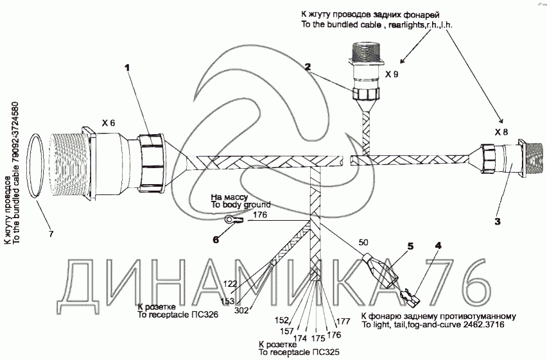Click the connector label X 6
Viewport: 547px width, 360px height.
(x=109, y=123)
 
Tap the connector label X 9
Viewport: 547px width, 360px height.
(x=391, y=74)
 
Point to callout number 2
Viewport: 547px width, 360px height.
(x=308, y=66)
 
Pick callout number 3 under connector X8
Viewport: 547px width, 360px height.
(x=496, y=223)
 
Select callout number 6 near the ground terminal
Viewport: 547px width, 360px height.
(x=216, y=239)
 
